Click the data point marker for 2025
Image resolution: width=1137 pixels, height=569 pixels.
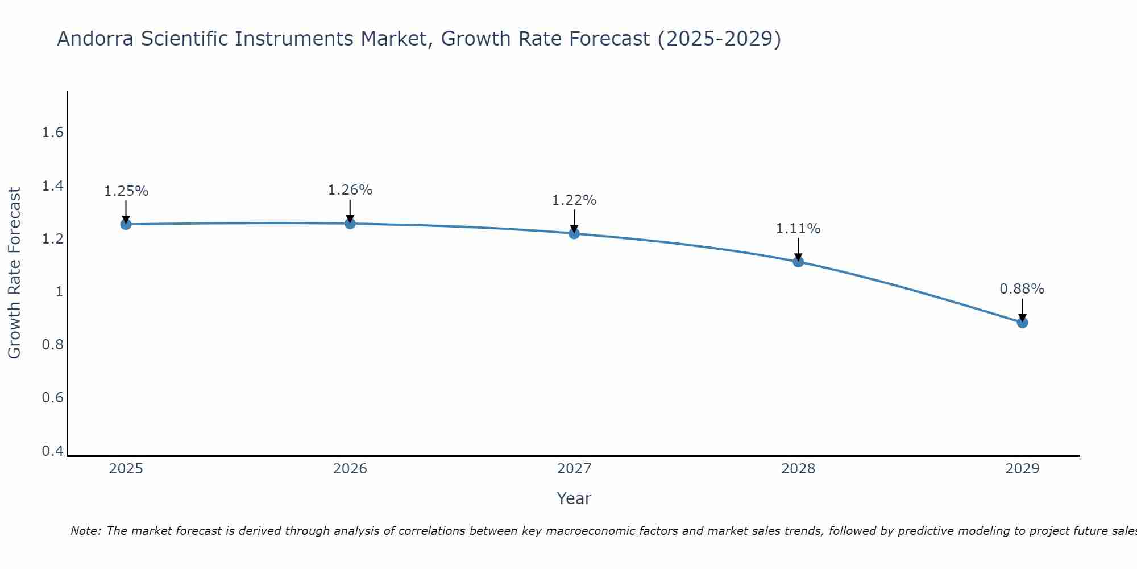(126, 224)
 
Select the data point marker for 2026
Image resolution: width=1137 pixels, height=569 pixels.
(350, 224)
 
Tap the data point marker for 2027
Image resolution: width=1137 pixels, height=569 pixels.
(574, 233)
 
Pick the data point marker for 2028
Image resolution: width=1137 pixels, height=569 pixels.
(798, 262)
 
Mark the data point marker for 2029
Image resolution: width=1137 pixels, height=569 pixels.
(1022, 323)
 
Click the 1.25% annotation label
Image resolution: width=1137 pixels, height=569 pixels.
(126, 191)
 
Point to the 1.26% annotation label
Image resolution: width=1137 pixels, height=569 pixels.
(350, 190)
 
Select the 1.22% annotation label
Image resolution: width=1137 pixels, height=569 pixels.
(574, 200)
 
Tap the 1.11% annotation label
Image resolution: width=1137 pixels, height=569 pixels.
(798, 229)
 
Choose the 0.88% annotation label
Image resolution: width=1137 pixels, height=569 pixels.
(1022, 289)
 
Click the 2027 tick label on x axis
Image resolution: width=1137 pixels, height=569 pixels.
(574, 469)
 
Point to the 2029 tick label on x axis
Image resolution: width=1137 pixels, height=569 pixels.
(1022, 469)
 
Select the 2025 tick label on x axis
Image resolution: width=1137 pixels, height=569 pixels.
(126, 469)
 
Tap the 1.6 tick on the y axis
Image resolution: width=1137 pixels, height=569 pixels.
(52, 133)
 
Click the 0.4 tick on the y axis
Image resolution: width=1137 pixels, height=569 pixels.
(52, 451)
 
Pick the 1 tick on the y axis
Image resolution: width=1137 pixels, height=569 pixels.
(59, 292)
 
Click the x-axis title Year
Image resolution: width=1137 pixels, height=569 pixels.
(574, 498)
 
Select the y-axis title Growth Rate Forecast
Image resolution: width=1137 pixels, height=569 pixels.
(14, 273)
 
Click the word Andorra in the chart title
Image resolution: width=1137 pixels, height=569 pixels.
(96, 39)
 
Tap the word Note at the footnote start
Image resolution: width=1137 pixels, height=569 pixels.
(85, 531)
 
